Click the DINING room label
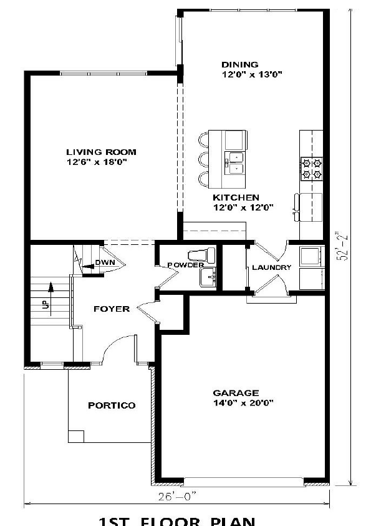(240, 64)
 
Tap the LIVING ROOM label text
(101, 152)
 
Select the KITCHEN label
(235, 197)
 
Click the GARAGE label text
(236, 393)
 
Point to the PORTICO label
(111, 405)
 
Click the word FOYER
(111, 309)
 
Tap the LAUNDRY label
(271, 267)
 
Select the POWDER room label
(185, 265)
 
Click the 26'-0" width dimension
(178, 497)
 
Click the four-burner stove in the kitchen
(311, 167)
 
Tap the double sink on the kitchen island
(236, 161)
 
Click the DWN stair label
(104, 263)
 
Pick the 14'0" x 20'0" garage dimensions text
(236, 403)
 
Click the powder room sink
(207, 275)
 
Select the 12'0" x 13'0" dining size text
(253, 74)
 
